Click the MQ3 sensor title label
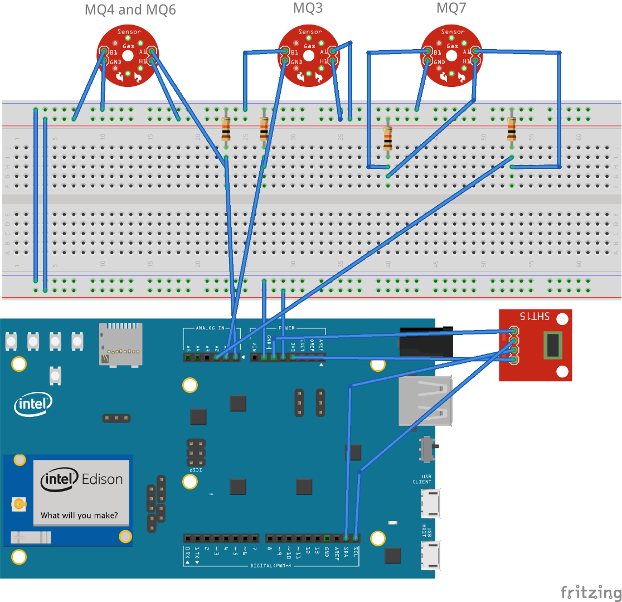pyautogui.click(x=308, y=8)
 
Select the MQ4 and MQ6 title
pyautogui.click(x=130, y=9)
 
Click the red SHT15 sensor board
pyautogui.click(x=535, y=345)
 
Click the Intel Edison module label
pyautogui.click(x=82, y=479)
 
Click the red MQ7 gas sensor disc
pyautogui.click(x=451, y=56)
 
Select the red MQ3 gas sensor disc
pyautogui.click(x=308, y=56)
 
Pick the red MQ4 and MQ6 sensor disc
pyautogui.click(x=128, y=56)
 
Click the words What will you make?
pyautogui.click(x=79, y=516)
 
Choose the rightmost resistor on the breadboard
pyautogui.click(x=512, y=129)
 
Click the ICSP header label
pyautogui.click(x=195, y=470)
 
